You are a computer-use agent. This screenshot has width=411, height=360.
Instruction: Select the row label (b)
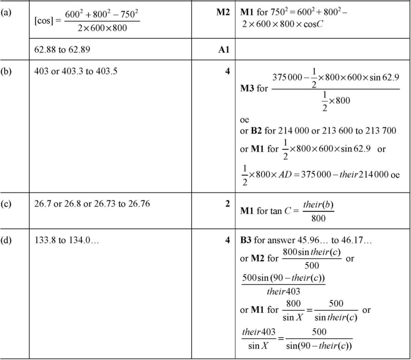6,71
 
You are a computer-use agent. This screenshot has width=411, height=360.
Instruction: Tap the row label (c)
6,204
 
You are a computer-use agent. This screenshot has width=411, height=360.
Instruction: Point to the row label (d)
6,240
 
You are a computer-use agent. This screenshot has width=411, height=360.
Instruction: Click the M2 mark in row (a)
223,12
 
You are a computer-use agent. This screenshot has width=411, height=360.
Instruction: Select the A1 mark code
223,50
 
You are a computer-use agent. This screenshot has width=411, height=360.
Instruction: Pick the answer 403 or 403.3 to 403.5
76,71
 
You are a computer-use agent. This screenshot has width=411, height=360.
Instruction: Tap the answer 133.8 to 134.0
67,240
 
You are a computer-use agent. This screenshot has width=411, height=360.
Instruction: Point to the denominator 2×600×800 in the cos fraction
102,28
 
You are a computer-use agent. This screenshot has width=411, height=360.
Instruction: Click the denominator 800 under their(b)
318,218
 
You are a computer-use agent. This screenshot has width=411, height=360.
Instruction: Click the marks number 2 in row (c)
227,204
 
